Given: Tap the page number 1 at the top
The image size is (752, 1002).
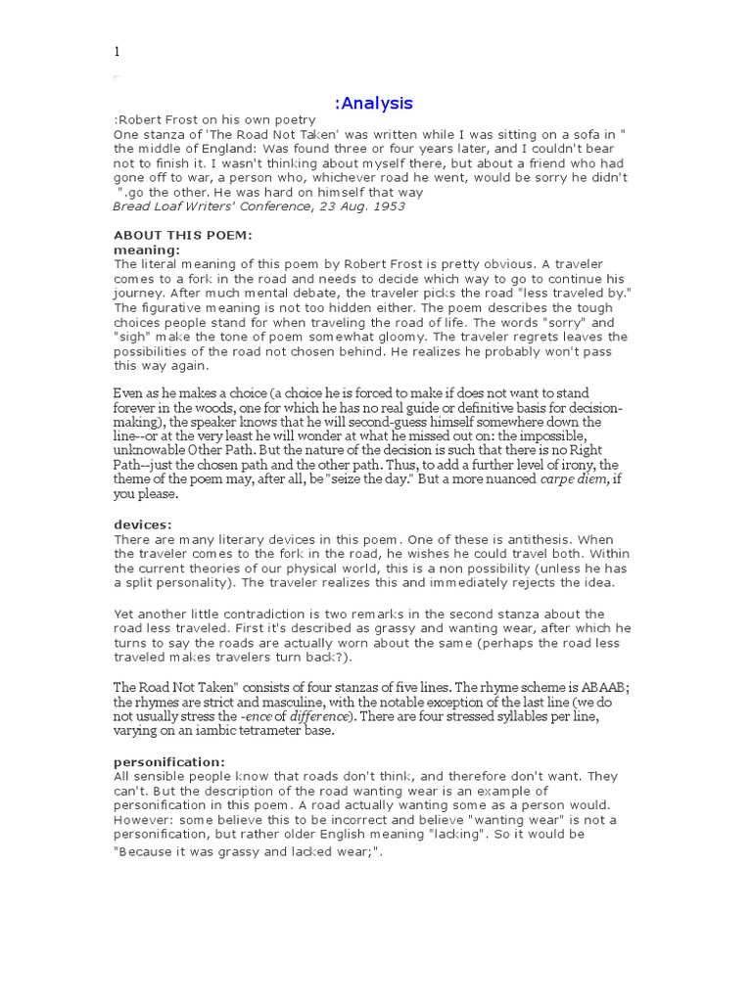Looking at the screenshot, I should (x=117, y=52).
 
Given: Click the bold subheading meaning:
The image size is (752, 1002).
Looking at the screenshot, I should (x=147, y=250).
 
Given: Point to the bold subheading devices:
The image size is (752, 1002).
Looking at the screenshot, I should (x=143, y=525).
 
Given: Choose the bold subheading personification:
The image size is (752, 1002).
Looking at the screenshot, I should (x=168, y=762).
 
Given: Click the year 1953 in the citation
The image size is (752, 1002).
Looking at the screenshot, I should (x=385, y=206).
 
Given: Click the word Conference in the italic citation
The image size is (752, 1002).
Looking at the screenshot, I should (x=277, y=206).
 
